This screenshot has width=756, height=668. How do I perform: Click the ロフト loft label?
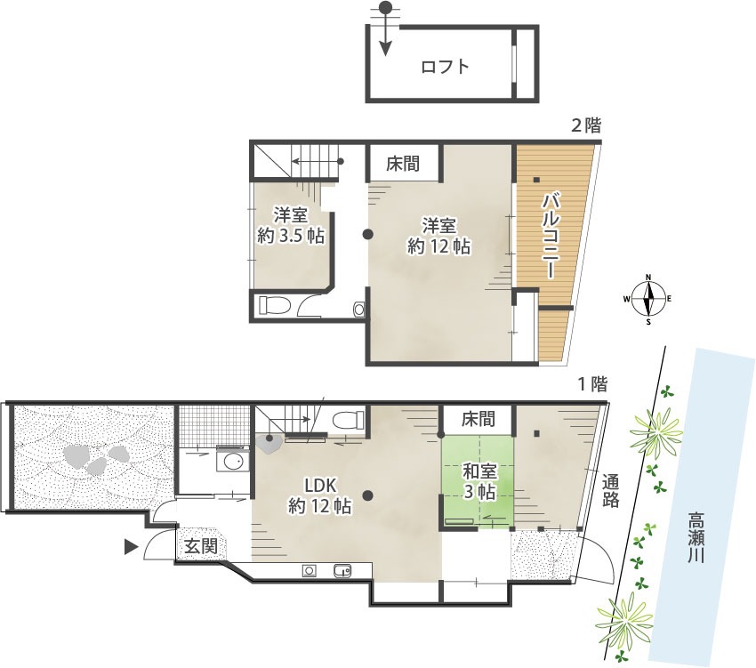coord(445,66)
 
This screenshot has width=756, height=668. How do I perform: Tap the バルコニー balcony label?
coord(551,235)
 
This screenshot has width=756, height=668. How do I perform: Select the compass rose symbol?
coord(648,299)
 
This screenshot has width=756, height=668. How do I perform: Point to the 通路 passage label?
coord(610,491)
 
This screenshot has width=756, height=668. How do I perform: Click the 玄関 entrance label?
coord(201,546)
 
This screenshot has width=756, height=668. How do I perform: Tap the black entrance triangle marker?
coord(131,547)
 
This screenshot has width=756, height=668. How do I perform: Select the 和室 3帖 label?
coord(479,481)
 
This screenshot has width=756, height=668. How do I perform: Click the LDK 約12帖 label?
coord(319,495)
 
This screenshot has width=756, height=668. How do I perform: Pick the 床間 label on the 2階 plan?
coord(403,164)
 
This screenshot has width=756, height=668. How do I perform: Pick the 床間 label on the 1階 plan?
coord(478,419)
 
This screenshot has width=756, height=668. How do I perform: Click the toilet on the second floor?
coord(274,305)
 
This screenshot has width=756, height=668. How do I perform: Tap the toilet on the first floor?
coord(348,419)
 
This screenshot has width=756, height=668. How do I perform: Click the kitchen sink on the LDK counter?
coord(342,571)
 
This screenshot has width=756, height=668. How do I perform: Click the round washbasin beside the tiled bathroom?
coord(233,461)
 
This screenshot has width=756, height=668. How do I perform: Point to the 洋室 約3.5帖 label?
coord(291,225)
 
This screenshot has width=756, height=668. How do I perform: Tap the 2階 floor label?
coord(586,126)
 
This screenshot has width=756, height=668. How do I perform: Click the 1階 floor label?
coord(592,384)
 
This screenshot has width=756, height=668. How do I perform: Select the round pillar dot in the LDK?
coord(368,495)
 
